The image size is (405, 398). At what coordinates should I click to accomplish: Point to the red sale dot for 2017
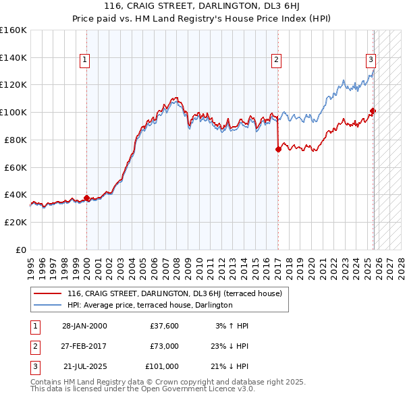(278, 149)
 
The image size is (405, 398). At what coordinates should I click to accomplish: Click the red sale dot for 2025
(373, 111)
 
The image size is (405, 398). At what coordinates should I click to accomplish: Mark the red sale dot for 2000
(86, 198)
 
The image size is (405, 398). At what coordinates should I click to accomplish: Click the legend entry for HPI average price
(150, 305)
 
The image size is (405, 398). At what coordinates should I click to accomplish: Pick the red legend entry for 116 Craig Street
(178, 293)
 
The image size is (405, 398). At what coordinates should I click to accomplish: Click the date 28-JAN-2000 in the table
(84, 326)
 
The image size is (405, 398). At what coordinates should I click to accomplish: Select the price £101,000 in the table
(162, 366)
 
